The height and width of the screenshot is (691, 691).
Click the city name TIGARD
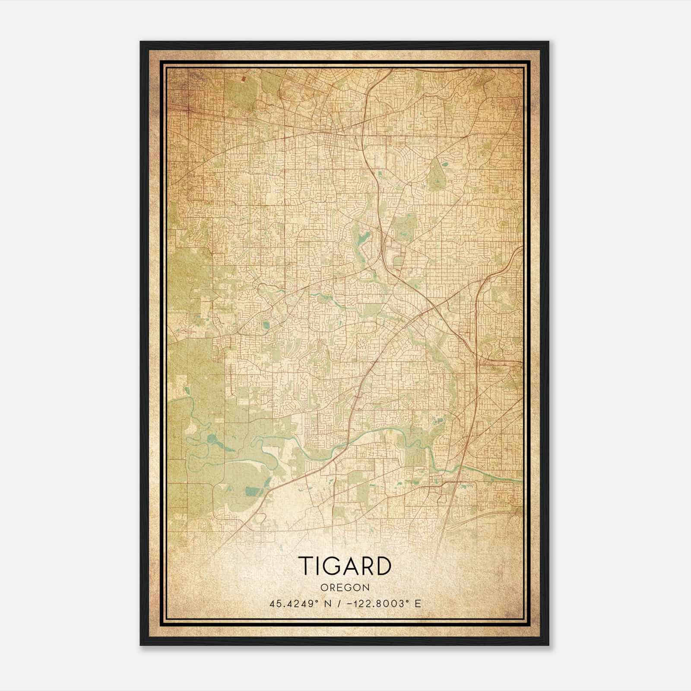coord(345,566)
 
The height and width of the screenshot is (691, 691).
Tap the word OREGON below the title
coord(345,588)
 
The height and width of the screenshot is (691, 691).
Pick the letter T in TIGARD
coord(305,566)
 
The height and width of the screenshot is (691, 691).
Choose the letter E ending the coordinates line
coord(417,604)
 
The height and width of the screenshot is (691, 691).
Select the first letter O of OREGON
coord(324,588)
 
